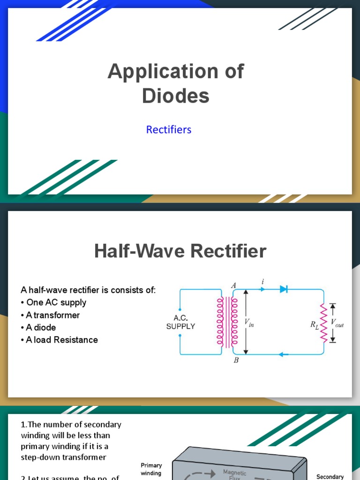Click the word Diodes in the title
176,96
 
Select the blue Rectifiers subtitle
169,129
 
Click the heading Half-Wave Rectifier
180,251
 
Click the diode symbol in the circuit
283,289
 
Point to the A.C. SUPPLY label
180,322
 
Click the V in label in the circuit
249,322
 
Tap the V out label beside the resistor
337,322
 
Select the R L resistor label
314,324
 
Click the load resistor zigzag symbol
323,322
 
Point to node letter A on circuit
233,285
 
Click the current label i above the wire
262,282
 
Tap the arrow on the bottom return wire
281,354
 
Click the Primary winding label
151,469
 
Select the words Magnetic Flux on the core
234,475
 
